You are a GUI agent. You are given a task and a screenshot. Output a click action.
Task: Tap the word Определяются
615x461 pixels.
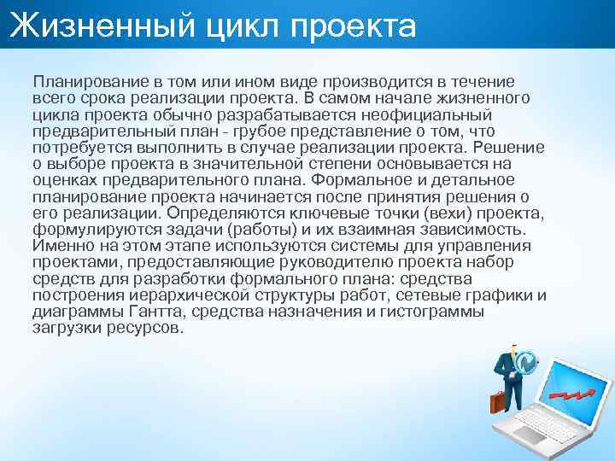[220, 212]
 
